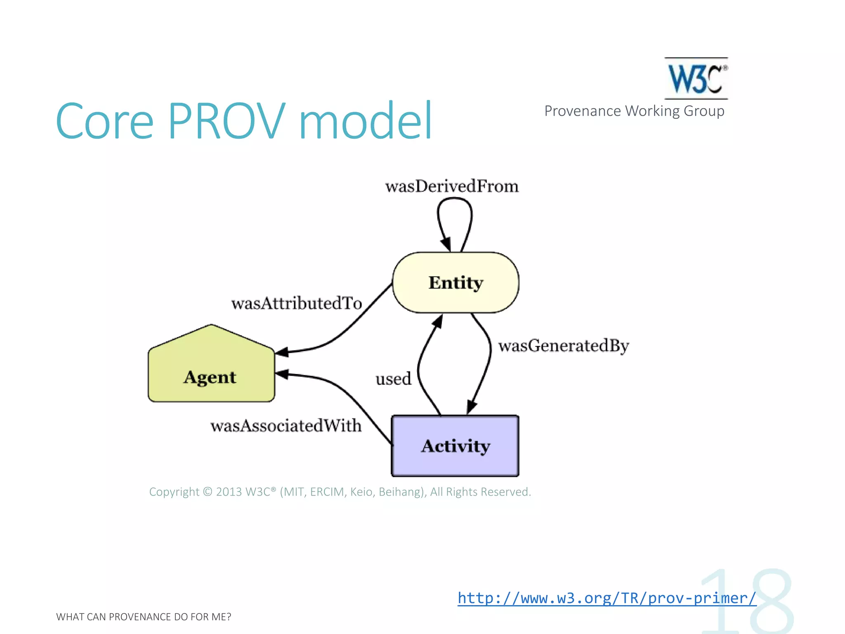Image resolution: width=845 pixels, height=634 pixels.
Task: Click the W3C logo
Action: (696, 78)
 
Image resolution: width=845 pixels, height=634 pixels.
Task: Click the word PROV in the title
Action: (227, 121)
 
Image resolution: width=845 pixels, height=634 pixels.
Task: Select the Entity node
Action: (456, 283)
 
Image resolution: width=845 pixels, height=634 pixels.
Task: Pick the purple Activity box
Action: (455, 446)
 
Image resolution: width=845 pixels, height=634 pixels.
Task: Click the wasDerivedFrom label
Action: (452, 187)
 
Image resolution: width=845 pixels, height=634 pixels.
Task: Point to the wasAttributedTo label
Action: (296, 303)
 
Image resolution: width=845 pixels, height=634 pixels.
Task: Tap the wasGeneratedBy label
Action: (563, 346)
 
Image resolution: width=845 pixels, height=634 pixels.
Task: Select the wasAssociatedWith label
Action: (286, 426)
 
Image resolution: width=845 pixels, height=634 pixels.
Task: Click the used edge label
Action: (393, 379)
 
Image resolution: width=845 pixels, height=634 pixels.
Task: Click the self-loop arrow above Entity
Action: (455, 215)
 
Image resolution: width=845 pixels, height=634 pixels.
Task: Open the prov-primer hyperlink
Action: (607, 598)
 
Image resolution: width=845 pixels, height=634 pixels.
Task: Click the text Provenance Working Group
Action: (634, 111)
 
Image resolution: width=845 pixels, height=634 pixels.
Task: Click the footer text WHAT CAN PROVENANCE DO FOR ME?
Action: (144, 617)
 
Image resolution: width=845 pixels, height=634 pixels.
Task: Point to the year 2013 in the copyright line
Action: (229, 492)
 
